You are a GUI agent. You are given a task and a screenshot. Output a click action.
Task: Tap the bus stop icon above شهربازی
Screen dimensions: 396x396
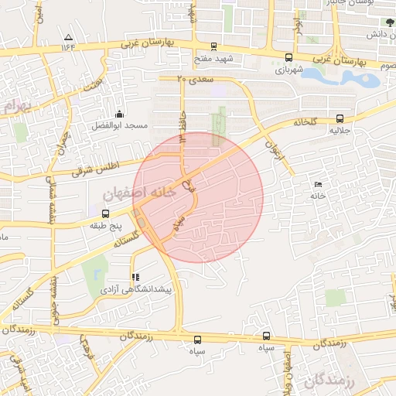pos(289,57)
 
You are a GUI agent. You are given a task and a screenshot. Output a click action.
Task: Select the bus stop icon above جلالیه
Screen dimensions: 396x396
pos(340,118)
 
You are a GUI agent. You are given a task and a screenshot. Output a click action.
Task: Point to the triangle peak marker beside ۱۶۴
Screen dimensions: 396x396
pos(69,37)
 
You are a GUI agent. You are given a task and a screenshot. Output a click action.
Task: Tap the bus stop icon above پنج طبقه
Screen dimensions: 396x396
pos(106,213)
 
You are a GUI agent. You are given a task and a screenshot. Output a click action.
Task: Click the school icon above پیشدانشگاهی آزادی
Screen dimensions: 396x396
pos(135,276)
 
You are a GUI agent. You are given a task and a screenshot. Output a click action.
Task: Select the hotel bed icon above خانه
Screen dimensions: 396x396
pos(319,184)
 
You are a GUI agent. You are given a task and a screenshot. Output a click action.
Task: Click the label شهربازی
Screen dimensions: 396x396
pos(290,70)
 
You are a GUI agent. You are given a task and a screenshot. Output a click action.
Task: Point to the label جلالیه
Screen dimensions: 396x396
pos(340,131)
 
